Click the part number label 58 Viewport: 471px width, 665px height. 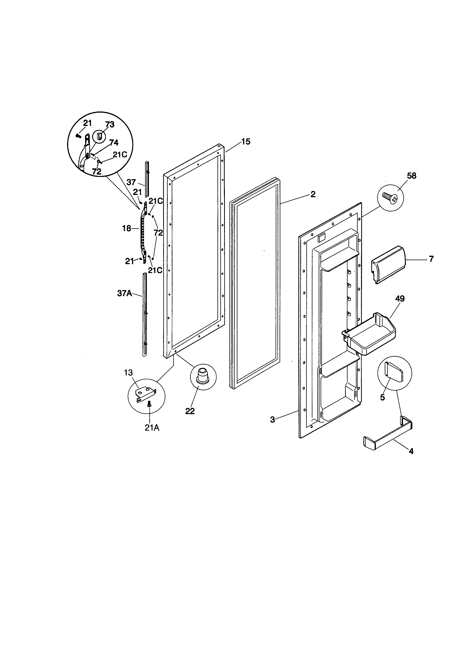click(x=412, y=176)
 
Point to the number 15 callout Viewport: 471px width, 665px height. click(x=246, y=142)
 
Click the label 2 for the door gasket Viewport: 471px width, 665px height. click(x=313, y=194)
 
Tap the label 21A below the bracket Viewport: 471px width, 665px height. click(x=152, y=427)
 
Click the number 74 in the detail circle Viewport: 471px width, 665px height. click(x=114, y=143)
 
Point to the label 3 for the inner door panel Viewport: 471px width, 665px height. click(x=272, y=419)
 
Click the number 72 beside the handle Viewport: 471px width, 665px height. click(x=158, y=233)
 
